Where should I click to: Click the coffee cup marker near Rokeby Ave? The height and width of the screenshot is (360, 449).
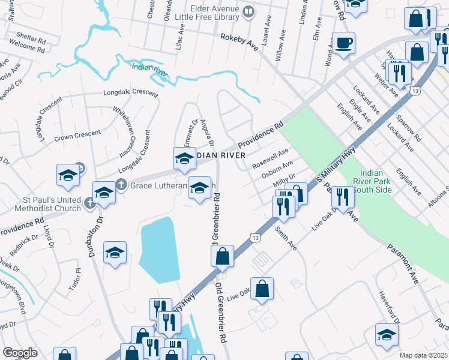click(x=344, y=44)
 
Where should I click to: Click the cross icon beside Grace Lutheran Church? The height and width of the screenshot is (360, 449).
click(x=121, y=184)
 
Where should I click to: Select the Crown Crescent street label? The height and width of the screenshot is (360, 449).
click(x=71, y=137)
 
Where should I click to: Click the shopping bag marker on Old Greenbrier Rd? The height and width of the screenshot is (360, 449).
click(x=222, y=256)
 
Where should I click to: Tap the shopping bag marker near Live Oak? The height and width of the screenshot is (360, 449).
click(x=262, y=289)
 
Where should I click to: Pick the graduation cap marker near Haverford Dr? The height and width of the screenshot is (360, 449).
click(x=387, y=335)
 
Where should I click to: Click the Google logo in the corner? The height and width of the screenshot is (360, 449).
click(x=20, y=353)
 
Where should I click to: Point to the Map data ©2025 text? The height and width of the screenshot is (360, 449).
click(x=424, y=355)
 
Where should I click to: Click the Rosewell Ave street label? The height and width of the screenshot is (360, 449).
click(x=270, y=158)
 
